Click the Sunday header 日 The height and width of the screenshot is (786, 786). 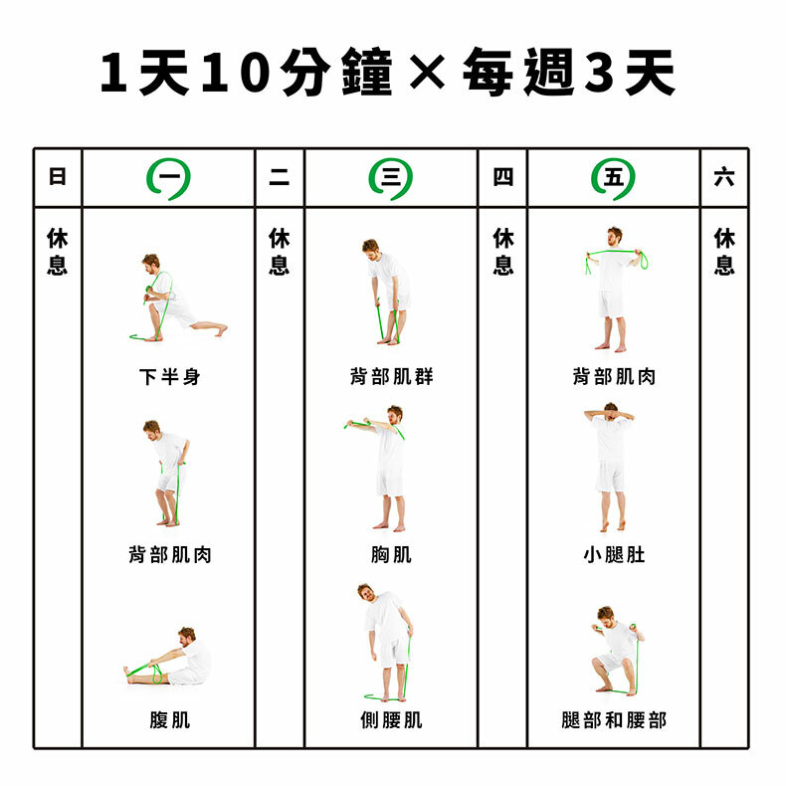point(57,176)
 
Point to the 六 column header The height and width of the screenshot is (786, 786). point(724,177)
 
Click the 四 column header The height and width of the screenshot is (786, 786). point(502,177)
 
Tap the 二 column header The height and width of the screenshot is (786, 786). point(280,177)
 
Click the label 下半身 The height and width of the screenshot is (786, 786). point(170,376)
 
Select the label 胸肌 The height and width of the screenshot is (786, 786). point(391,554)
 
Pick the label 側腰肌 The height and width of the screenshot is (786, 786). point(391,719)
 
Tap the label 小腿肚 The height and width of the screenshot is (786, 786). point(614,554)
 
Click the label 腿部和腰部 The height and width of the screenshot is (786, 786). point(614,719)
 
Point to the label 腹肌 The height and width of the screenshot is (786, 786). point(170,719)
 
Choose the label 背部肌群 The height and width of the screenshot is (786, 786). point(391,376)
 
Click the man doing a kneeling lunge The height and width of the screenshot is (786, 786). point(175,298)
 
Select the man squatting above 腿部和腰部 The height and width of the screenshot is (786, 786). point(618,651)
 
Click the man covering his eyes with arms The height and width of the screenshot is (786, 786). point(610,467)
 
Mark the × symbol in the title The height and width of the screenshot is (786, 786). point(427,72)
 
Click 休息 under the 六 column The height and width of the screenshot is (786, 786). point(724,251)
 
